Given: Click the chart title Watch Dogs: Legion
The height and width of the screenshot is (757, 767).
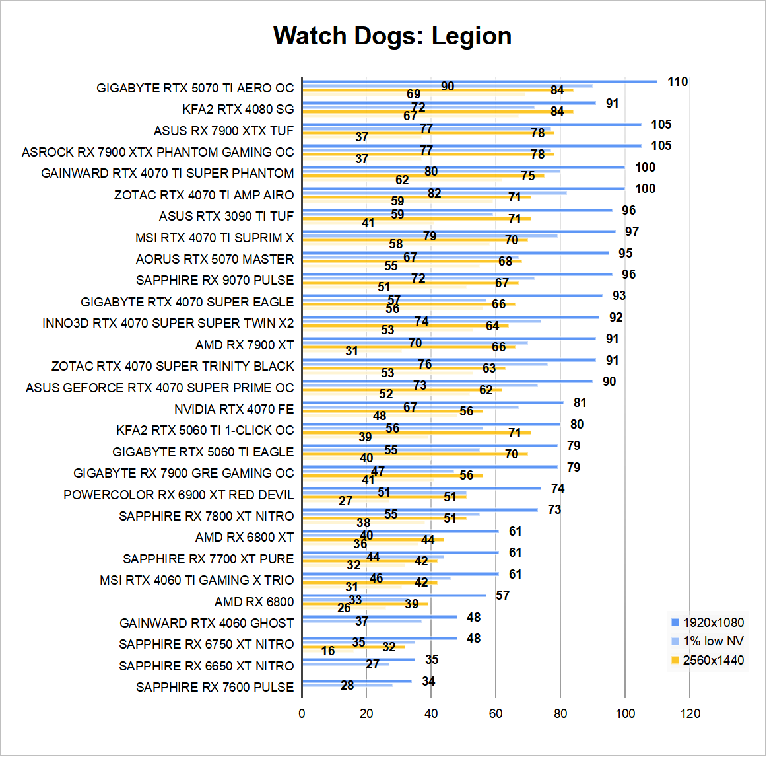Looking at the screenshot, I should click(x=392, y=36).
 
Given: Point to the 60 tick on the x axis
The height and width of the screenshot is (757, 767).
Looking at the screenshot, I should click(x=496, y=713).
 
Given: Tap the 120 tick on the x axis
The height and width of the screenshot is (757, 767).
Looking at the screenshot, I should click(x=690, y=713).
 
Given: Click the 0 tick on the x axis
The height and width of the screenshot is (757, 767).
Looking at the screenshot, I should click(x=302, y=713).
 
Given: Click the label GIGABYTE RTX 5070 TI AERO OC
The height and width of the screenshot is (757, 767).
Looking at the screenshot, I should click(x=195, y=88).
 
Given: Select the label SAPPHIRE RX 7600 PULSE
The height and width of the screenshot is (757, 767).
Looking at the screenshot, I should click(x=215, y=687).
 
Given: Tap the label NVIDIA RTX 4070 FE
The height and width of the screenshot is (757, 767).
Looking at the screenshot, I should click(x=234, y=409).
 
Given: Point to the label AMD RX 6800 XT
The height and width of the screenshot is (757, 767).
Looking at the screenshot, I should click(x=245, y=537).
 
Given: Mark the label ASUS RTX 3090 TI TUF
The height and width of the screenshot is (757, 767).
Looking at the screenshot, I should click(x=226, y=216).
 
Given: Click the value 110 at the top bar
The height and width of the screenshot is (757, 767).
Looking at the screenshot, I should click(x=677, y=82).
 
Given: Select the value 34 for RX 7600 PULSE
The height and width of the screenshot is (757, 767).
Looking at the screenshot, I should click(x=428, y=681).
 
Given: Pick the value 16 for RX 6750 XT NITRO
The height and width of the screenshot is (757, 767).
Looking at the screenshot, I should click(x=328, y=651).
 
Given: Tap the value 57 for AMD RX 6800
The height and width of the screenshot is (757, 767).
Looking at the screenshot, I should click(x=503, y=596).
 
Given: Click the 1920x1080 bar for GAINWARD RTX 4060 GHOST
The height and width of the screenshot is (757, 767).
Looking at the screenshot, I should click(x=380, y=617).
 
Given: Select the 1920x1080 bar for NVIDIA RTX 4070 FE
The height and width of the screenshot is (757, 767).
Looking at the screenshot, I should click(x=433, y=402).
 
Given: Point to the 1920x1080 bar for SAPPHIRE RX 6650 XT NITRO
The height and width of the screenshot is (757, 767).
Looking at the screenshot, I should click(x=358, y=659).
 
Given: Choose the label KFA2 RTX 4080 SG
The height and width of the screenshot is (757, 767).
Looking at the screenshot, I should click(x=238, y=109).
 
